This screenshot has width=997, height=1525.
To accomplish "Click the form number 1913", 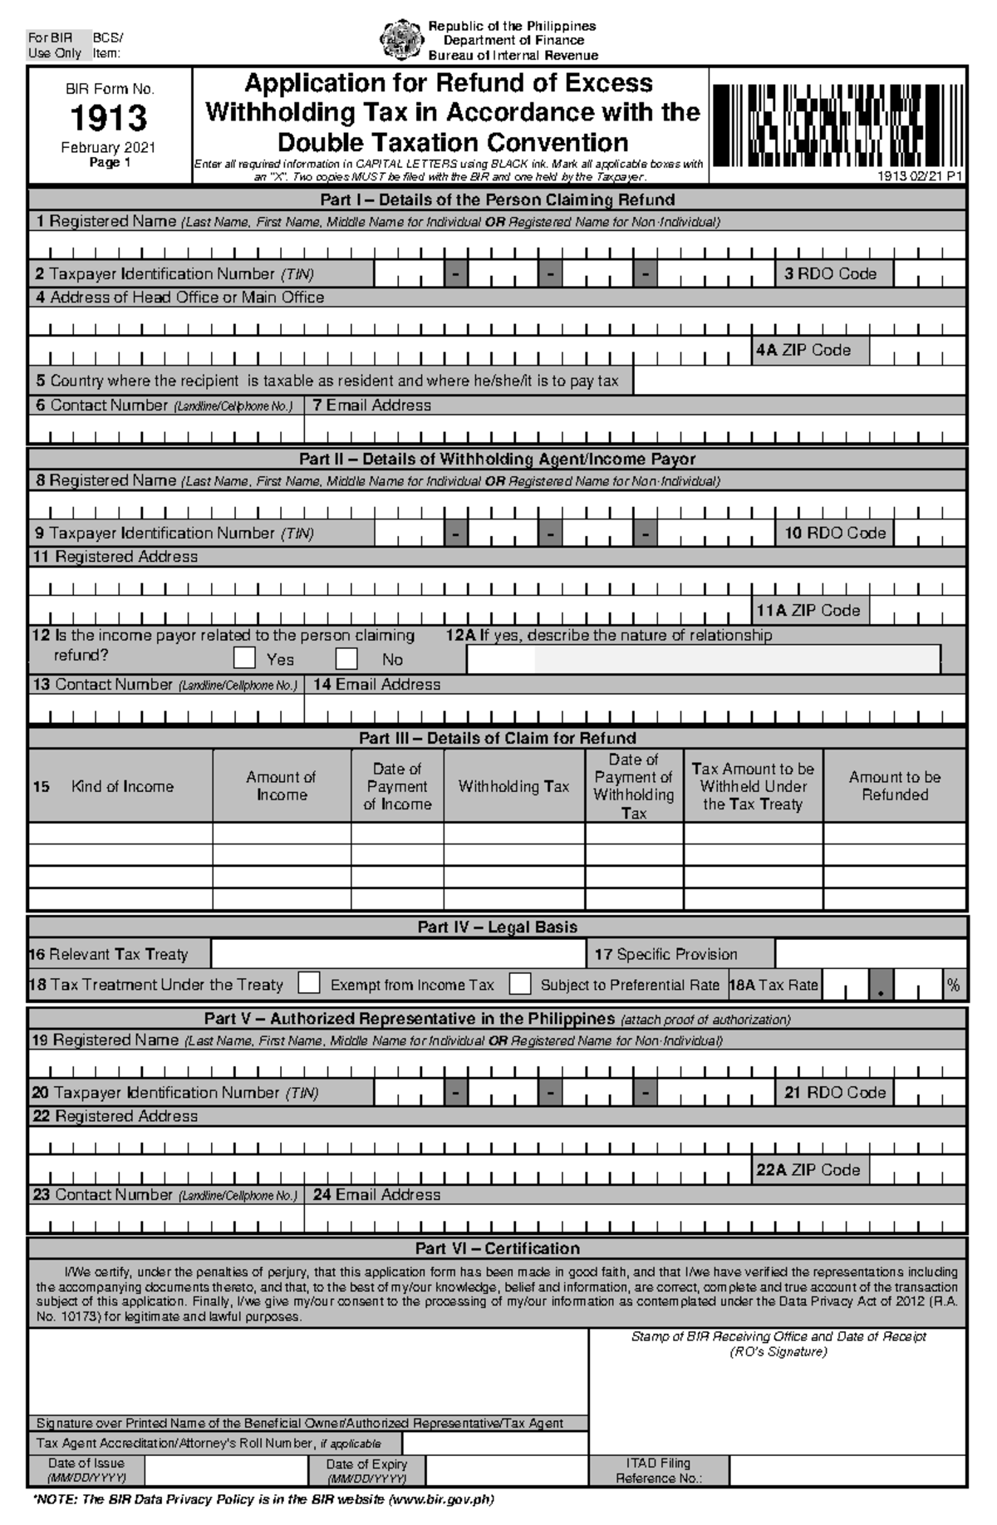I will tap(109, 118).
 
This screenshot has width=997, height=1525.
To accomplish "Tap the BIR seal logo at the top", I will tap(401, 40).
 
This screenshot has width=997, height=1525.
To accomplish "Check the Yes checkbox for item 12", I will tap(244, 658).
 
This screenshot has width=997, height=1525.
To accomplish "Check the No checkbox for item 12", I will tap(346, 658).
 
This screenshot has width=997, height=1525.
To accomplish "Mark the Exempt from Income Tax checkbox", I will tap(309, 983).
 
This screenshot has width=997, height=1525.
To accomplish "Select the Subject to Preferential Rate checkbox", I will tap(520, 983).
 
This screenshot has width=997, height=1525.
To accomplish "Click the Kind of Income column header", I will tap(121, 786).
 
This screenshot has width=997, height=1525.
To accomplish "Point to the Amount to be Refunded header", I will tap(894, 786).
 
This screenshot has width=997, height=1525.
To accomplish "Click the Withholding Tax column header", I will tap(513, 786).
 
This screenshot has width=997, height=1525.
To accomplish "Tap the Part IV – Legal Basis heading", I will tap(497, 927).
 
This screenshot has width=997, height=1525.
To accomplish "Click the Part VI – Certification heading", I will tap(497, 1248).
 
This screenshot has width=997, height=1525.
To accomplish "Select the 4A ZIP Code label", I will tap(803, 350).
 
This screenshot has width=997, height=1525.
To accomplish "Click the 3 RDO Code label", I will tap(830, 273).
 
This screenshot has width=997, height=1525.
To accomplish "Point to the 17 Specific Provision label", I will tap(665, 954).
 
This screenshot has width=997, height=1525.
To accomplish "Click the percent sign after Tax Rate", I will tap(953, 985).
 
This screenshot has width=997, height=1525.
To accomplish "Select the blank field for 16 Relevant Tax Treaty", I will tap(399, 954).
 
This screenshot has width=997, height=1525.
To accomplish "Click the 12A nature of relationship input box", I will tap(703, 659).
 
